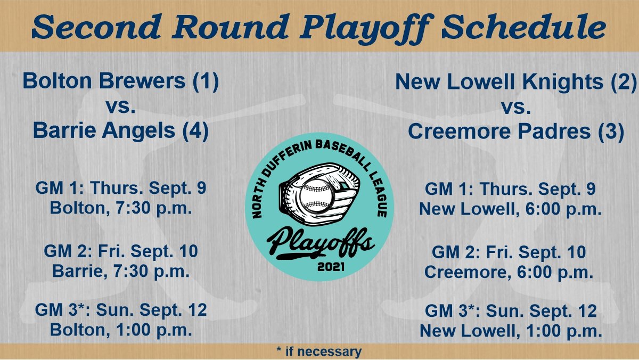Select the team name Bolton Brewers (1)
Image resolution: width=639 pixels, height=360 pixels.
(121, 83)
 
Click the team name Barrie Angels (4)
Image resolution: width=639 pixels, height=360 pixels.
(121, 131)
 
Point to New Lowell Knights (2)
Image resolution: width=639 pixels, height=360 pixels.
(515, 83)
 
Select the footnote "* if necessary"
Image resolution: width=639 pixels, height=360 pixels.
(319, 351)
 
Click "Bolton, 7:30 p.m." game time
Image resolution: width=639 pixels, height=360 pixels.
(121, 208)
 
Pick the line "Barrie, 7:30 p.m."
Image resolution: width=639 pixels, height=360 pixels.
(121, 271)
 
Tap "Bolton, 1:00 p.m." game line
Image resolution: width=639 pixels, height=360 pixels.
(121, 330)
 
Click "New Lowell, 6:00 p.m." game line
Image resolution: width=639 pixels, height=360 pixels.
(510, 209)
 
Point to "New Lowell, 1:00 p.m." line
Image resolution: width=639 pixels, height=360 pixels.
(511, 331)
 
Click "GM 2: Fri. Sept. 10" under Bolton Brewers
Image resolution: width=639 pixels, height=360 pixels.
(121, 251)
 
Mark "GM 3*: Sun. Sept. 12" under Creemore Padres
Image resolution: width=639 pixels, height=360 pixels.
(511, 311)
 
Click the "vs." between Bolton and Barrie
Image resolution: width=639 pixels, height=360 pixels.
(121, 107)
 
